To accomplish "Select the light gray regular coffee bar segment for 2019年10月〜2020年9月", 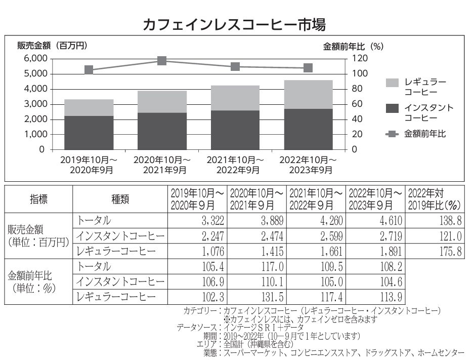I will [89, 107].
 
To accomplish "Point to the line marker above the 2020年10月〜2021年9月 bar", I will [162, 61].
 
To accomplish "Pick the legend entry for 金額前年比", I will [415, 134].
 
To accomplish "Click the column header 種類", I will [120, 199].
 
